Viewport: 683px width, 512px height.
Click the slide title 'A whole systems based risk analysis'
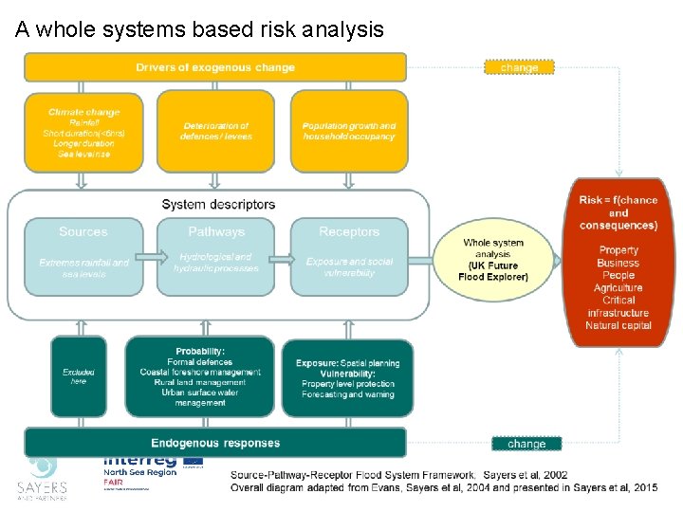coord(199,29)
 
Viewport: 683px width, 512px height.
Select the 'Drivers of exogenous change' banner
coord(215,67)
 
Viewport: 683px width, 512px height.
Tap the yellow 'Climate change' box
coord(83,131)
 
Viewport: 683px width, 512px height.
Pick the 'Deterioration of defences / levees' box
coord(215,131)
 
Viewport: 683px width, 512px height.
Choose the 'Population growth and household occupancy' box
coord(349,131)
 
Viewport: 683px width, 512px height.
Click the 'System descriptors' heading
coord(218,204)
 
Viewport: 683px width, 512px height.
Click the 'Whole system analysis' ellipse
coord(493,260)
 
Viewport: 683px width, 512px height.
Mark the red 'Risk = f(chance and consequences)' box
coord(618,261)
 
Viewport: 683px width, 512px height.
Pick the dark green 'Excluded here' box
coord(79,376)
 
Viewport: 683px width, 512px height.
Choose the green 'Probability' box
coord(200,376)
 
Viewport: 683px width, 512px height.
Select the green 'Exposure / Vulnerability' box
coord(347,376)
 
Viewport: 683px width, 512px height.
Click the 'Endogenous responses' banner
coord(215,443)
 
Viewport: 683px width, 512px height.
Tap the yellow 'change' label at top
coord(519,67)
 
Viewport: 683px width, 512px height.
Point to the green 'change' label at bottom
coord(526,444)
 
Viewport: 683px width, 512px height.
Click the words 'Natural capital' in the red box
coord(618,325)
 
